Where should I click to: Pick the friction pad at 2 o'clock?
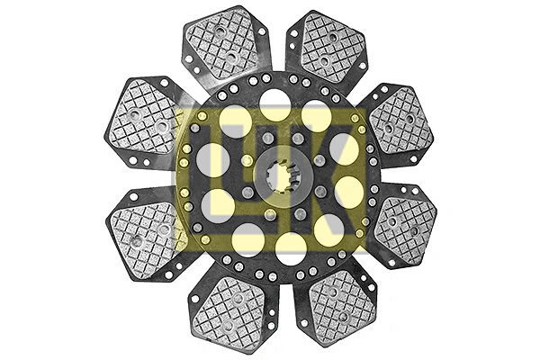(400, 121)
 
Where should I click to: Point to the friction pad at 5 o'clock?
(340, 304)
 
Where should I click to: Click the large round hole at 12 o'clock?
(274, 105)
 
